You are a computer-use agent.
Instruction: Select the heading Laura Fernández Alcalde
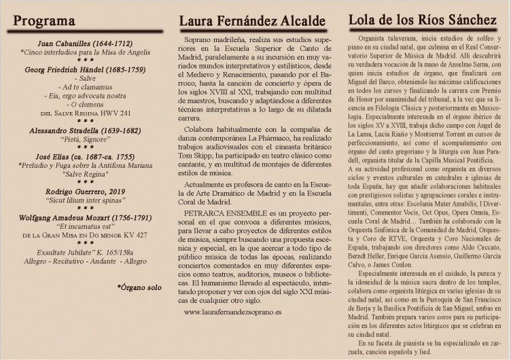click(x=252, y=20)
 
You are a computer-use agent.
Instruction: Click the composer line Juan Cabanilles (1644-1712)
click(x=86, y=43)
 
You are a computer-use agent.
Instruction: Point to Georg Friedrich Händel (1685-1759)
click(x=86, y=69)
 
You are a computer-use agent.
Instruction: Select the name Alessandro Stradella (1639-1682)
click(x=86, y=129)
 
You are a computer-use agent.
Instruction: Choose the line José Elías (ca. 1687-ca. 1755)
click(x=86, y=156)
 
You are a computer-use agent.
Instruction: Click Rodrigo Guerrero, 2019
click(x=86, y=192)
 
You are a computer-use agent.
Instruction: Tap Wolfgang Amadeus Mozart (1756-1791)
click(x=86, y=217)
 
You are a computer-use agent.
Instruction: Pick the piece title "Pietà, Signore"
click(x=86, y=138)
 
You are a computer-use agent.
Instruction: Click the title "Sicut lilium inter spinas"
click(x=86, y=200)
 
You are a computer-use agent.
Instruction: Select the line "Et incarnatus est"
click(x=86, y=226)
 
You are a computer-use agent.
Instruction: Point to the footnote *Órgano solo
click(x=139, y=287)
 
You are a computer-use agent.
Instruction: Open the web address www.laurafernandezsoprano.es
click(x=233, y=312)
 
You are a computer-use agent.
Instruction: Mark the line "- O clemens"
click(x=86, y=104)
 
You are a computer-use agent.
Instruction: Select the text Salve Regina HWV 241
click(x=86, y=113)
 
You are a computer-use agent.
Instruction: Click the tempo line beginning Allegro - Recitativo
click(x=86, y=261)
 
